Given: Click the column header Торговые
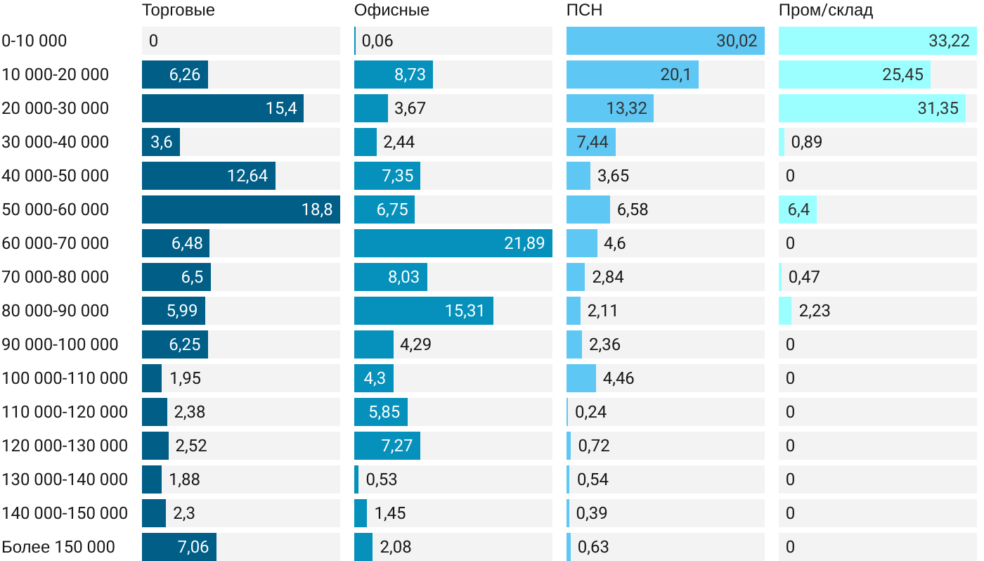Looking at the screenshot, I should (179, 10).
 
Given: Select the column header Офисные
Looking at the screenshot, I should (391, 10).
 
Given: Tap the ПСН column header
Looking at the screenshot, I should (584, 10).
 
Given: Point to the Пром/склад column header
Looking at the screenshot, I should (825, 10).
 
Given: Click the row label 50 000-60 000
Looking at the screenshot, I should (56, 209).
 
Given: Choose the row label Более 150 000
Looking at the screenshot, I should (58, 547).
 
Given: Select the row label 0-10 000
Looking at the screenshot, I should (34, 41).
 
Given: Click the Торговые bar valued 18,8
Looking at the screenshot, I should (240, 209).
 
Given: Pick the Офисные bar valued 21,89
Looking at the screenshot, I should (453, 243).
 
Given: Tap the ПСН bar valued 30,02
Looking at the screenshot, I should (665, 41).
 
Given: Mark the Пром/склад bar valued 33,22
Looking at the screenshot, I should (877, 41).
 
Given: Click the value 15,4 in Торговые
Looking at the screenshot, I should (281, 108).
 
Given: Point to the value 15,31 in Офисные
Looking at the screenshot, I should (465, 311).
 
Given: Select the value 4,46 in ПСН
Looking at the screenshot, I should (619, 378).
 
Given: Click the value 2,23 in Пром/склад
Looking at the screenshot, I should (815, 311).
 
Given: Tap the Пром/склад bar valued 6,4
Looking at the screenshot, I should (797, 209).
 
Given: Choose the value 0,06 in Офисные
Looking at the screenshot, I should (377, 41).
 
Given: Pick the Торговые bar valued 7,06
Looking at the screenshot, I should (179, 547).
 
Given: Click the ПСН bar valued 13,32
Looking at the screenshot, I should (609, 108).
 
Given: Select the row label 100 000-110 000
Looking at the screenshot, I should (65, 378).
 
